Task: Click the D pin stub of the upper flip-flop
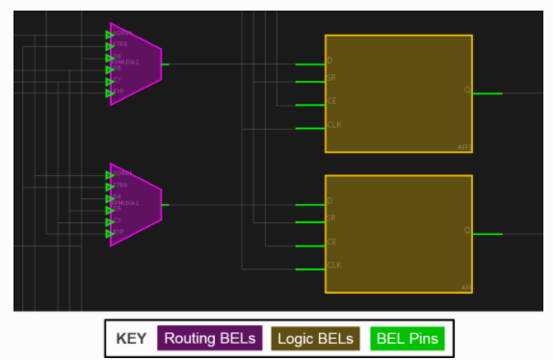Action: coord(309,64)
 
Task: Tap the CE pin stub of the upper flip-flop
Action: coord(309,104)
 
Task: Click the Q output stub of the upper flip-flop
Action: coord(487,93)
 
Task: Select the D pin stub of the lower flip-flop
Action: coord(309,204)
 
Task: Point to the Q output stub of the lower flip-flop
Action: coord(487,234)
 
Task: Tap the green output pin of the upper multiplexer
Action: coord(166,64)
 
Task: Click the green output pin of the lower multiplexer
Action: coord(166,204)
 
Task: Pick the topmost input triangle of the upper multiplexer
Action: coord(110,35)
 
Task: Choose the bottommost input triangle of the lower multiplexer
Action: coord(110,233)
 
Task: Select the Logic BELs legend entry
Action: coord(314,339)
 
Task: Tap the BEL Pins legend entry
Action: coord(408,339)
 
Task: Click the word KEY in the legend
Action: coord(131,339)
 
